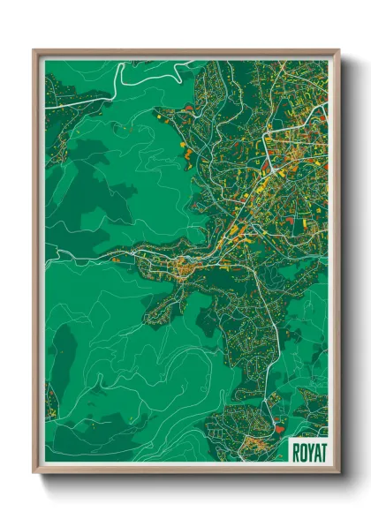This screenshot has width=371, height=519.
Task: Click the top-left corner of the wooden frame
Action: click(x=34, y=50)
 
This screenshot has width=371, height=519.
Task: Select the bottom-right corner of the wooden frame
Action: click(x=338, y=472)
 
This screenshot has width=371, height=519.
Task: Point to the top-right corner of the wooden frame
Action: click(x=338, y=50)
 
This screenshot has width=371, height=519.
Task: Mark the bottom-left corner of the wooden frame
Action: click(x=34, y=472)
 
